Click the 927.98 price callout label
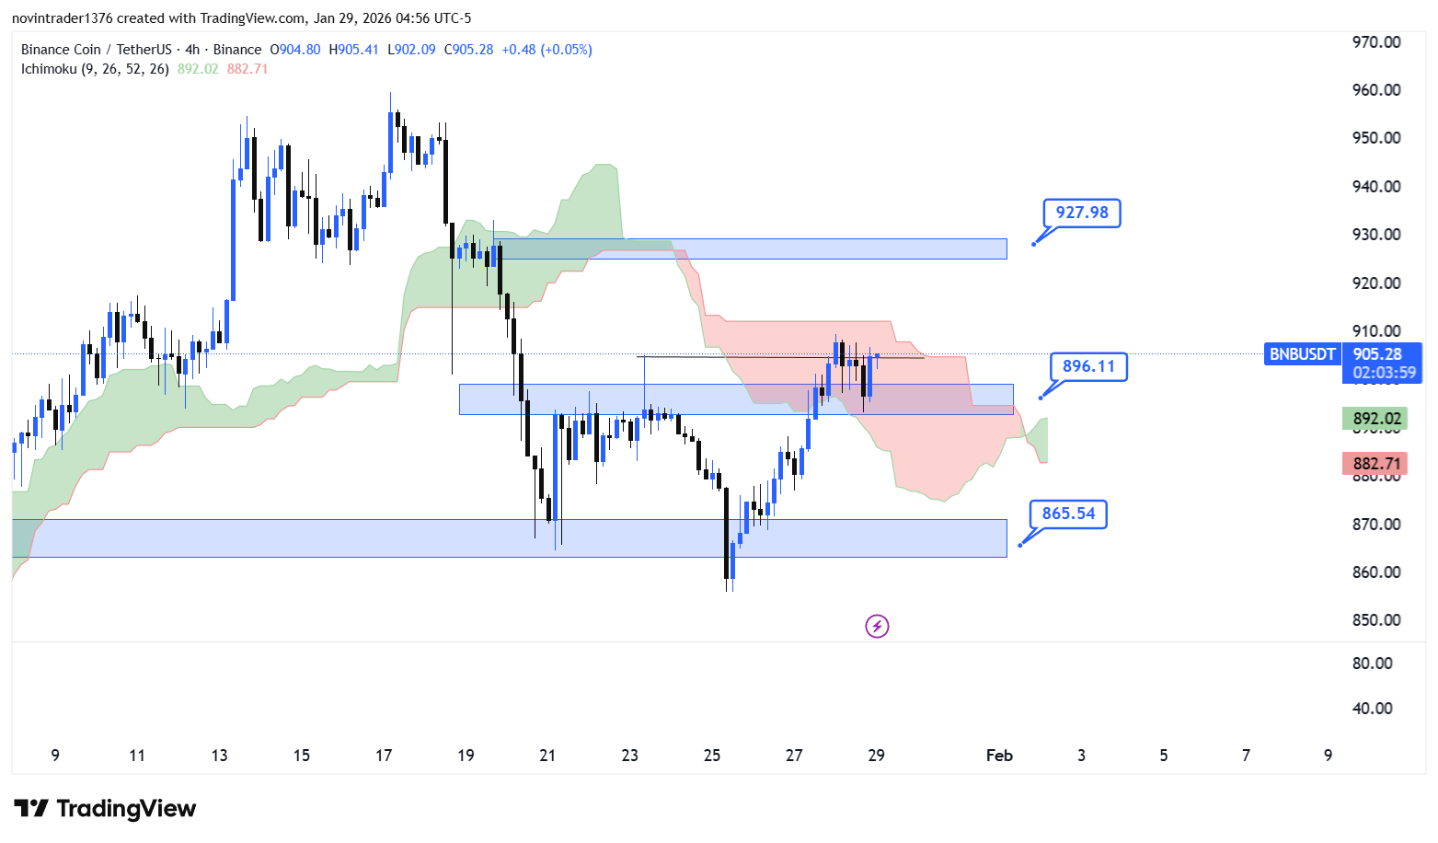point(1082,213)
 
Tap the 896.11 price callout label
point(1088,366)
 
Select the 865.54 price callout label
point(1068,514)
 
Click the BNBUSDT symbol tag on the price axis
point(1302,354)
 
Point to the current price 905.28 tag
point(1377,354)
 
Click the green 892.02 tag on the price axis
point(1376,419)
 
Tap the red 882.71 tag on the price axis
point(1376,464)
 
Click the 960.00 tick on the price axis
point(1376,90)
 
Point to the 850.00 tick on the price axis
point(1376,620)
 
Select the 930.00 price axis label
point(1376,235)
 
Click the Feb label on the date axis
point(999,756)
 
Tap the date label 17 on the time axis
point(384,756)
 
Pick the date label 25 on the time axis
point(712,756)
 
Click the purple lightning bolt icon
point(877,627)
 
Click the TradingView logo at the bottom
point(105,809)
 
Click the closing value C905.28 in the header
point(468,50)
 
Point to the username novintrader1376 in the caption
point(62,18)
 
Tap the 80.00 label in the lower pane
point(1372,664)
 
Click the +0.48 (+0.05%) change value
point(546,50)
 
